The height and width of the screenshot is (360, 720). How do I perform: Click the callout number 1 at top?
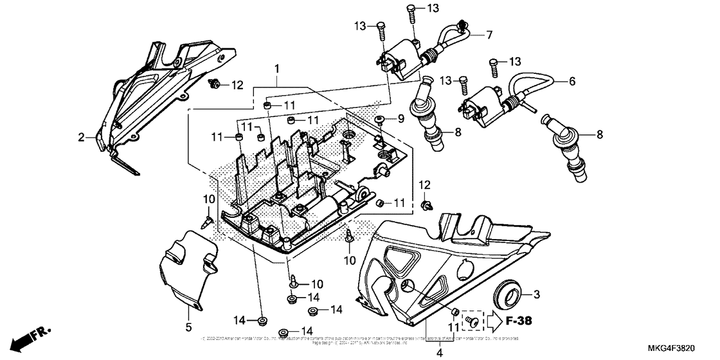click(276, 68)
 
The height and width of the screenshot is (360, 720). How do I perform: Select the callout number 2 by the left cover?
click(82, 137)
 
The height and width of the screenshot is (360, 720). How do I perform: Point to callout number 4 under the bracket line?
click(440, 352)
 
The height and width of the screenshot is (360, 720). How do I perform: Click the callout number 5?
click(189, 327)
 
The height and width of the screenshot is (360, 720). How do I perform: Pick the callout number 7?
click(489, 34)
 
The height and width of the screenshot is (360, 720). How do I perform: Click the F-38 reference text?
click(517, 319)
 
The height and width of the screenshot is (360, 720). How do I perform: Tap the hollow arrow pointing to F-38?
click(494, 319)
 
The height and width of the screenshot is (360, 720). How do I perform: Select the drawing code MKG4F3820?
click(685, 348)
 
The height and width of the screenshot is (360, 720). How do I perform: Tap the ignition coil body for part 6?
click(483, 107)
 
